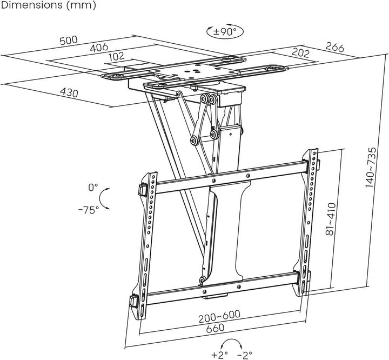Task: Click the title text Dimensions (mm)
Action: coord(48,6)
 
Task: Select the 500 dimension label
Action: coord(68,41)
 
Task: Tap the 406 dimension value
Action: coord(98,48)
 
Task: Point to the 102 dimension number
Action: coord(117,56)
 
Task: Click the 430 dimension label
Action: coord(69,92)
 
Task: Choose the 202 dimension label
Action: coord(300,52)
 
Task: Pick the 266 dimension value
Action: coord(335,48)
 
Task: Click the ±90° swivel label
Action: coord(224,31)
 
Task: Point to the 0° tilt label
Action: coord(93,188)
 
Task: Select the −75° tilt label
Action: coord(88,210)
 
